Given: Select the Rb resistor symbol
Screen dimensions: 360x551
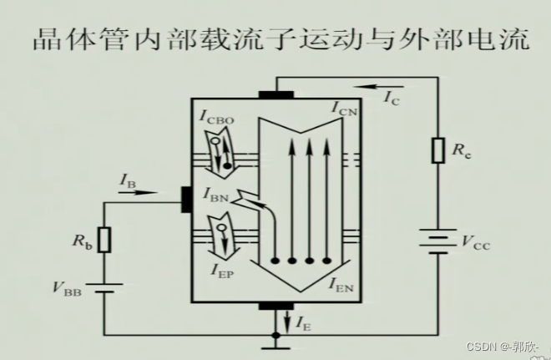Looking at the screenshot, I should pyautogui.click(x=104, y=240).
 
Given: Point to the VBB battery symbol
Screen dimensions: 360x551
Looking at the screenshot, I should pyautogui.click(x=104, y=287).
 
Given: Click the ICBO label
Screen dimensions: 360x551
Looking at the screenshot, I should pyautogui.click(x=215, y=118).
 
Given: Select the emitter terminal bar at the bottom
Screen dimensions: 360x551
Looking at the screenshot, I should pyautogui.click(x=276, y=307).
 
